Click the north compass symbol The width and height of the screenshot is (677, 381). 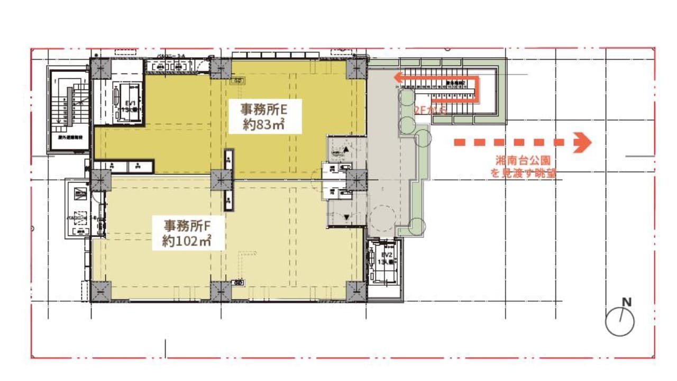click(x=620, y=321)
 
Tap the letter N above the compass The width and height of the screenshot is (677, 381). click(x=627, y=302)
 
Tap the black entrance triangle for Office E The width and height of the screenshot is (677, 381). click(x=346, y=150)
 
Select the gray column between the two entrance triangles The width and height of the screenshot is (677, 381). click(x=356, y=180)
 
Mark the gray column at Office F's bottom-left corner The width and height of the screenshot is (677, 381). click(x=100, y=291)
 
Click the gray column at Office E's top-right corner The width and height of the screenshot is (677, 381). click(x=356, y=68)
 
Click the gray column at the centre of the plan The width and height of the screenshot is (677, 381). click(x=221, y=180)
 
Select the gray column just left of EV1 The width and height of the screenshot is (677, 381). click(x=100, y=68)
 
